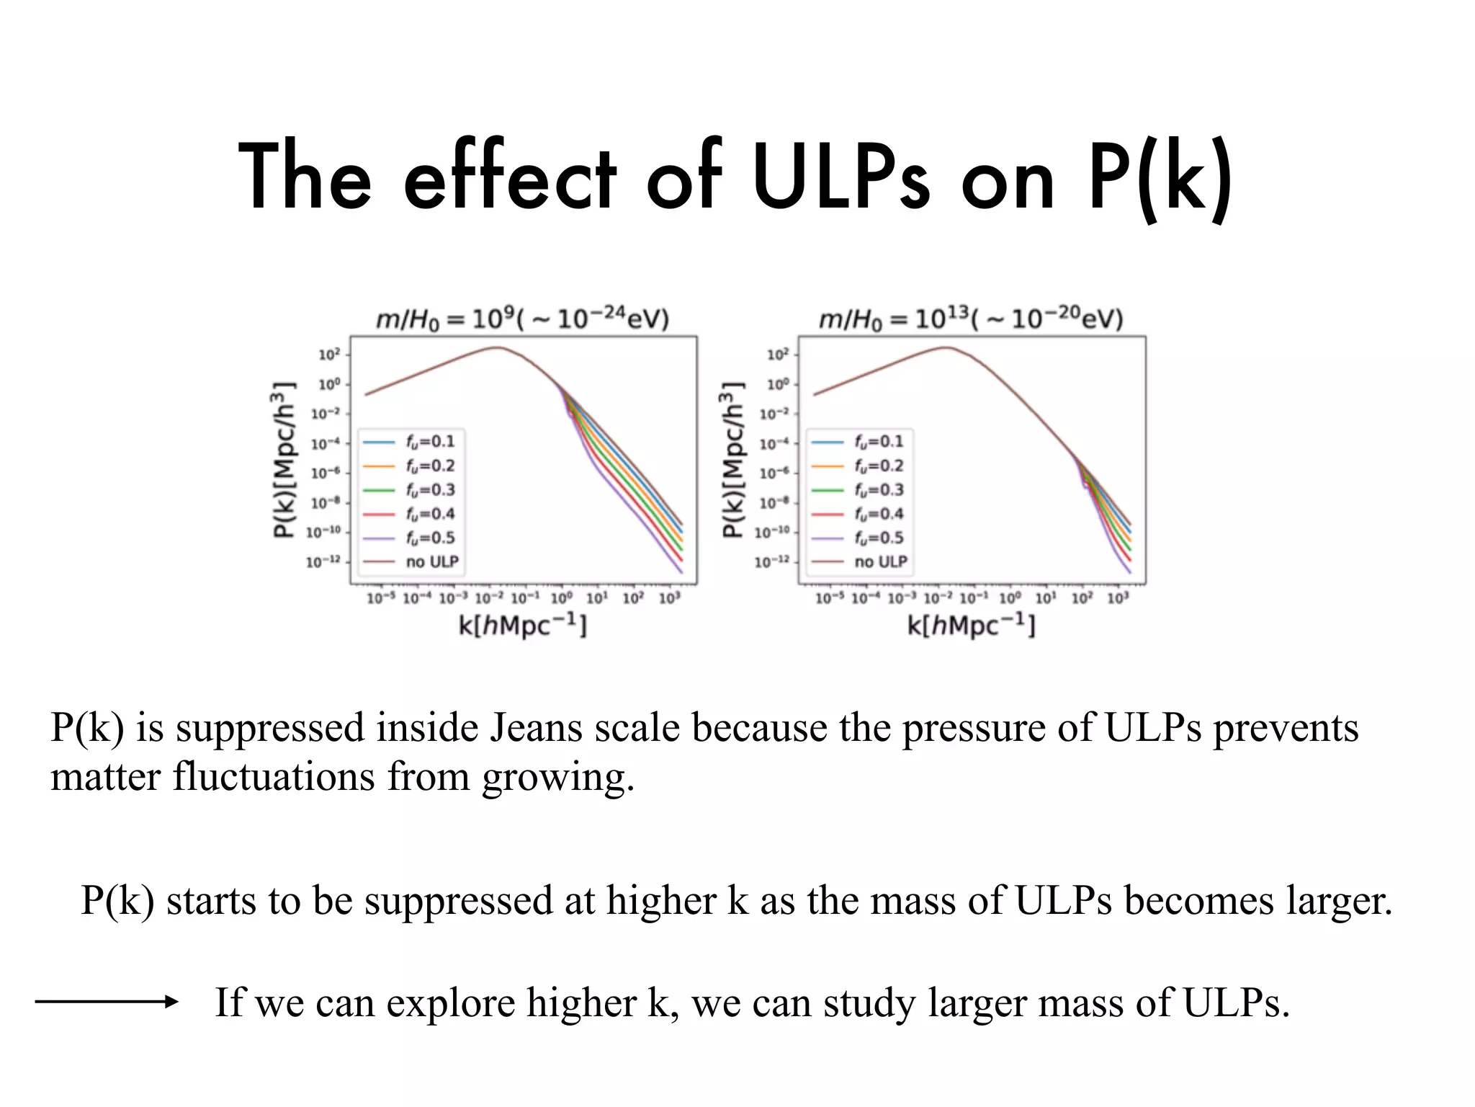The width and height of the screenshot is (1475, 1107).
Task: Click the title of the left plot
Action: click(x=523, y=319)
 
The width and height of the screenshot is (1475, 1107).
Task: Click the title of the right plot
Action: click(x=971, y=319)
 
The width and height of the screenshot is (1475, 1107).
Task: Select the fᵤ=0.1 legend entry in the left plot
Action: click(x=429, y=441)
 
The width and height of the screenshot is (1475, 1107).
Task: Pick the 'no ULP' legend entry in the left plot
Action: click(x=431, y=561)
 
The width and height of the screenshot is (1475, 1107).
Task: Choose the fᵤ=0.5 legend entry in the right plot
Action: click(x=878, y=538)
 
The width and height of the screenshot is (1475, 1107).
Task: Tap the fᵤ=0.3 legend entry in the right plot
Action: click(x=878, y=489)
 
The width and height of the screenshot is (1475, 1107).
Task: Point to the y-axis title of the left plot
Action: click(x=284, y=459)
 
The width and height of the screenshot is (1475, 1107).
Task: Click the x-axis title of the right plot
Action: click(x=971, y=625)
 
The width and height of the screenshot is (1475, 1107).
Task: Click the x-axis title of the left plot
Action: click(x=523, y=625)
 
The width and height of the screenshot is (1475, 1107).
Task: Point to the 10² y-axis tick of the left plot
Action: click(x=329, y=355)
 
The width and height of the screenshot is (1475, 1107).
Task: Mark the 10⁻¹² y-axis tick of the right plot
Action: click(x=772, y=561)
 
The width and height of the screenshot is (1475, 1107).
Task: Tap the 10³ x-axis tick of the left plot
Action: click(x=669, y=598)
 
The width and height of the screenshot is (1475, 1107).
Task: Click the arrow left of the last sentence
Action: click(x=107, y=1001)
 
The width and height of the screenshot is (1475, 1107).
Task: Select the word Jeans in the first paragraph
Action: click(x=536, y=727)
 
